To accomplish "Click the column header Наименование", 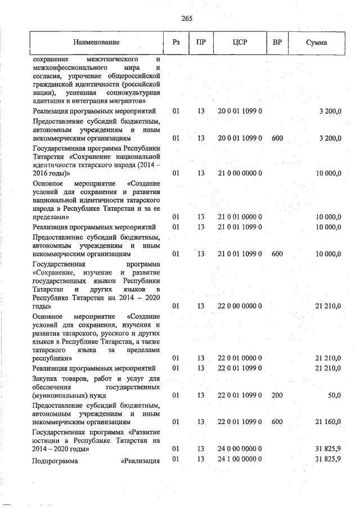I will pos(96,43).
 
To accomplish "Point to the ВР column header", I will pos(277,43).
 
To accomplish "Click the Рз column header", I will pos(176,43).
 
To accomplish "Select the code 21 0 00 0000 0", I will pos(240,173).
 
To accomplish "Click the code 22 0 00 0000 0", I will pos(240,306).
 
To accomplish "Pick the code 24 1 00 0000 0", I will pos(240,460).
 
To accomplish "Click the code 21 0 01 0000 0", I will pos(240,217).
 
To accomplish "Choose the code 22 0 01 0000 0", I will pos(240,358).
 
